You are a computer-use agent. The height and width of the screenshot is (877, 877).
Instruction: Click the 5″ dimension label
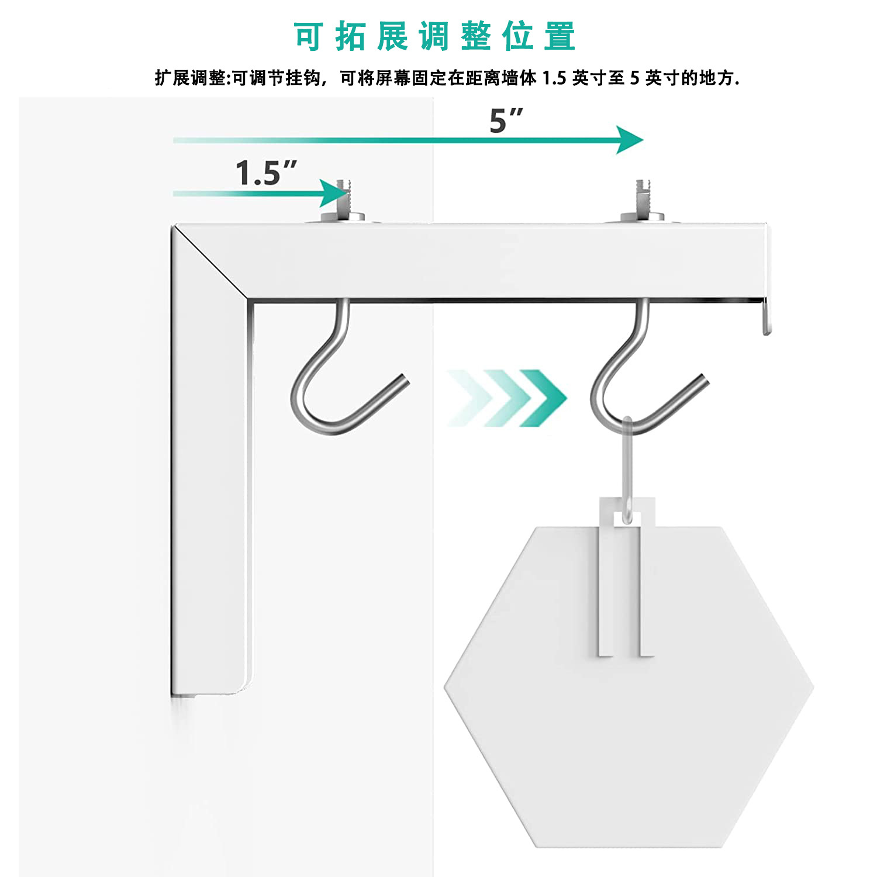(505, 121)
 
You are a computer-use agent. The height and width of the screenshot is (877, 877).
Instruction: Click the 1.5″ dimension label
(266, 173)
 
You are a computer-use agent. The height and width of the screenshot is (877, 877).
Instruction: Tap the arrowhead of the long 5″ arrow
(630, 140)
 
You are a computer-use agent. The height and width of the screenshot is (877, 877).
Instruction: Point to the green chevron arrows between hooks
(506, 398)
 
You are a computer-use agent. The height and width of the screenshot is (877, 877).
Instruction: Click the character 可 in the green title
(308, 37)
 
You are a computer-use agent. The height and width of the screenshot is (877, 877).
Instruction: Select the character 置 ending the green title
(560, 37)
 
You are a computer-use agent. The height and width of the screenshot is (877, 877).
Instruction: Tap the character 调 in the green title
(434, 37)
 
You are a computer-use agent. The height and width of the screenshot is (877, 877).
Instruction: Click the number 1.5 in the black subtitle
(554, 78)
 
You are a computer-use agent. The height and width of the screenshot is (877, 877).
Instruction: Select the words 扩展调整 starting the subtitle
(190, 78)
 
